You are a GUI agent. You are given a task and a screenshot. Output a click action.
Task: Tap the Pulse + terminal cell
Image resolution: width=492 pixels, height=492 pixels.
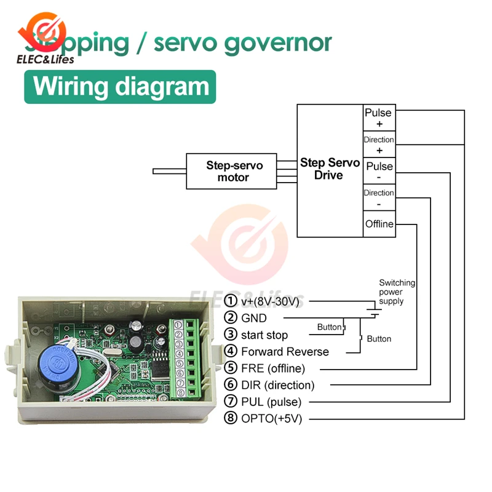click(x=378, y=118)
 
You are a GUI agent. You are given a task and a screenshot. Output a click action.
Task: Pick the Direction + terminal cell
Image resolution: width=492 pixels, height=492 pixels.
click(x=378, y=145)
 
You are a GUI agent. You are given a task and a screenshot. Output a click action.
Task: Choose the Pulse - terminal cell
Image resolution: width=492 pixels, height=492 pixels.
click(x=378, y=171)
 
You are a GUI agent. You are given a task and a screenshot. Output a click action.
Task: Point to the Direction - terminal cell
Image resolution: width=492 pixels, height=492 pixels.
click(x=378, y=197)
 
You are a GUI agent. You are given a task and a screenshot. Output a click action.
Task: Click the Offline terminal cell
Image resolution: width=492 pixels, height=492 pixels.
click(x=378, y=224)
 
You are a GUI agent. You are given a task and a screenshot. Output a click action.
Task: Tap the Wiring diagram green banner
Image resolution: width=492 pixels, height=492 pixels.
click(x=121, y=87)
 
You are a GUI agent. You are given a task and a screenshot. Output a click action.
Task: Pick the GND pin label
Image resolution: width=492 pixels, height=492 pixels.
click(x=254, y=318)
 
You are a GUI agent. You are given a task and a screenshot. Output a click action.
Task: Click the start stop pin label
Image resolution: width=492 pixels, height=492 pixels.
click(x=264, y=335)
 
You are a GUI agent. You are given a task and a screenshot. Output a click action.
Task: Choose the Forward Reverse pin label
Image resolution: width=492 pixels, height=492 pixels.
click(x=285, y=352)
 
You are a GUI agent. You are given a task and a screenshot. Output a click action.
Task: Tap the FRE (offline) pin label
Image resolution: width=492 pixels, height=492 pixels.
click(x=272, y=368)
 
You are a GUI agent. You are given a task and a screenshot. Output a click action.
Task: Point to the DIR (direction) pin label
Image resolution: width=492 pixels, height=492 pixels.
click(x=277, y=386)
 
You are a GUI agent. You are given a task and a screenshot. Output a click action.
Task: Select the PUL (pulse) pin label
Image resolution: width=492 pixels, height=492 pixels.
click(x=271, y=402)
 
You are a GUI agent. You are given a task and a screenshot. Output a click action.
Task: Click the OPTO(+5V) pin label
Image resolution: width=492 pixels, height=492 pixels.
click(x=272, y=419)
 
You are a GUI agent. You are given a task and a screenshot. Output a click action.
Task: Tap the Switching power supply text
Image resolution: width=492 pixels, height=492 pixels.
click(x=396, y=292)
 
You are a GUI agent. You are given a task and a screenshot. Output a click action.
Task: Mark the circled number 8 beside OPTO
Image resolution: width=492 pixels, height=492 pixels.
click(x=231, y=419)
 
